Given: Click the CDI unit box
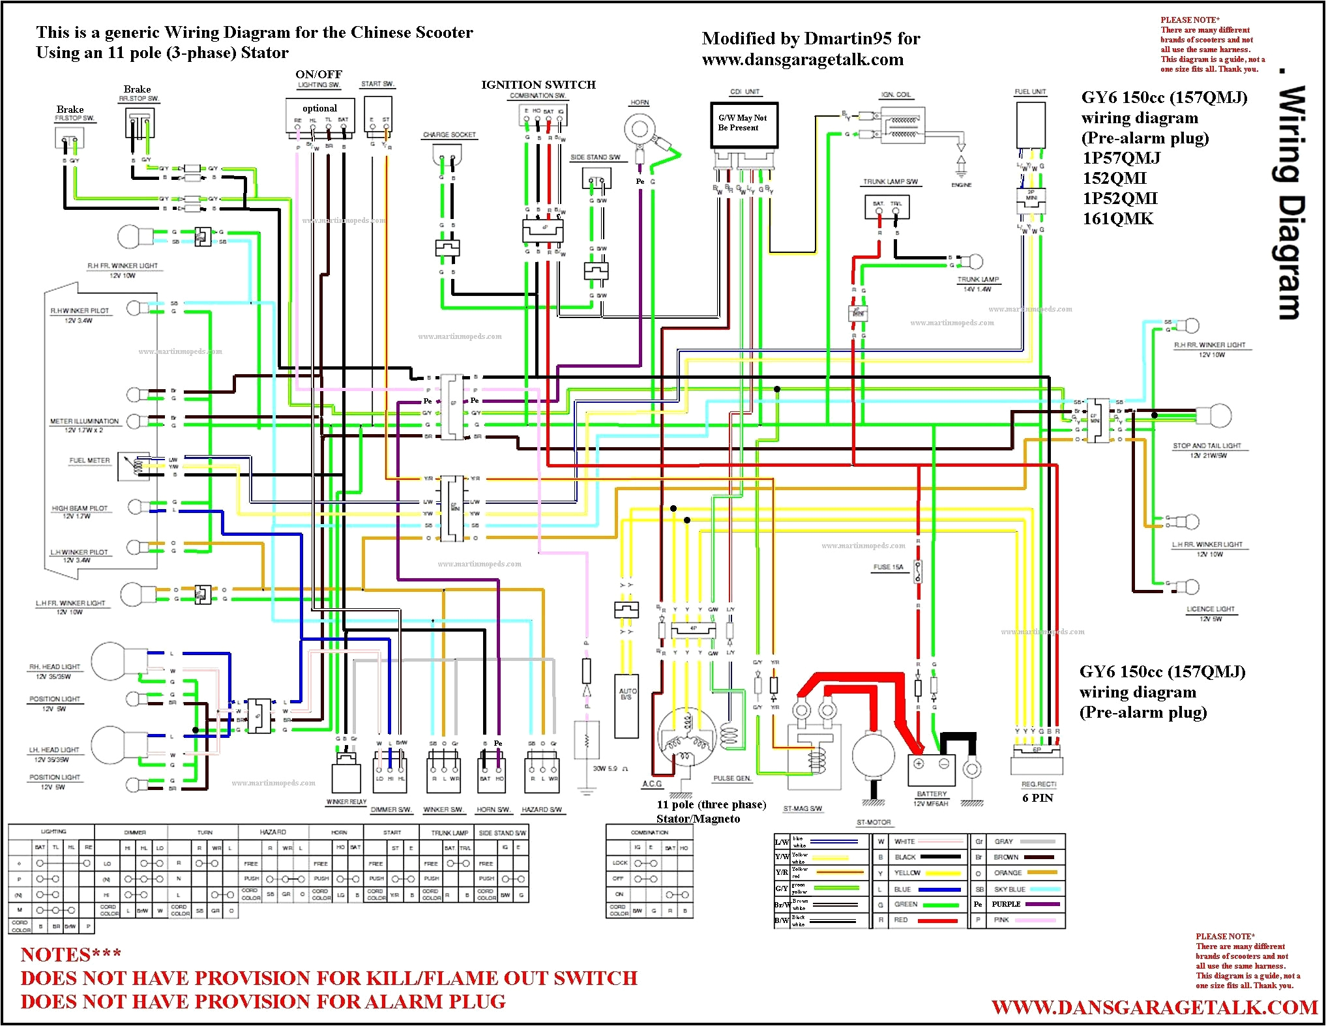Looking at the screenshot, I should [743, 125].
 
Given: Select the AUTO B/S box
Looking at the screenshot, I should [626, 705].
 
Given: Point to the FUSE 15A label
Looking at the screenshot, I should [888, 567].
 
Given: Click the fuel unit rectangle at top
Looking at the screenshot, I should [1031, 125].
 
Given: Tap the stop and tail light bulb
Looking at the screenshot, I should [1215, 415].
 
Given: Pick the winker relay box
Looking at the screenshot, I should [346, 775].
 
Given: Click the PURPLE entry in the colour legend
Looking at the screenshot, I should [1006, 904].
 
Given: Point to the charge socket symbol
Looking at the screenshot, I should [447, 156].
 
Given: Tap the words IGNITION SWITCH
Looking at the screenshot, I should [538, 85].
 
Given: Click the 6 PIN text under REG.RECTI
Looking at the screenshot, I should [1037, 798].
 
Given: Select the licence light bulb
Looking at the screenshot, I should [1190, 587].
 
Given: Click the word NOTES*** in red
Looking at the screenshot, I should [70, 955].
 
